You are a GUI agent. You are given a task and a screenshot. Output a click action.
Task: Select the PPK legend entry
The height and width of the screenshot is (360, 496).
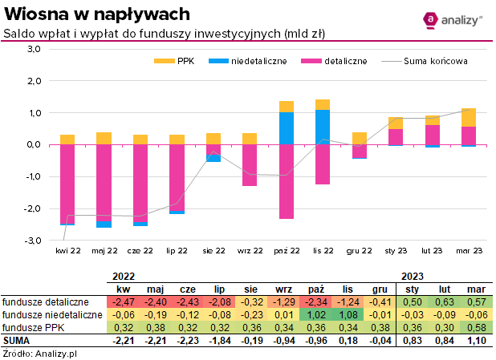pyautogui.click(x=174, y=61)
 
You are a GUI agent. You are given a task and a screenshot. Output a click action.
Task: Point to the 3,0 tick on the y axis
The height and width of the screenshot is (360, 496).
pyautogui.click(x=33, y=49)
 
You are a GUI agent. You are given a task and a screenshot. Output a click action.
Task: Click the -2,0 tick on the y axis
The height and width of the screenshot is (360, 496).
pyautogui.click(x=31, y=208)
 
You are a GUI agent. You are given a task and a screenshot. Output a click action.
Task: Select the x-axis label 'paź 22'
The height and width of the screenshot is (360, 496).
pyautogui.click(x=286, y=251)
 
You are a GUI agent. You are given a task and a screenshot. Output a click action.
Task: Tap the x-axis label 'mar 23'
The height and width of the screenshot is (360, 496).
pyautogui.click(x=469, y=251)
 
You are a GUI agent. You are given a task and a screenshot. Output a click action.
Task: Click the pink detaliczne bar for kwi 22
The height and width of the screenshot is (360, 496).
pyautogui.click(x=67, y=184)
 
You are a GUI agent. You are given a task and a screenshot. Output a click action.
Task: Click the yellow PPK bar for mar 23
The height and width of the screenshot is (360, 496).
pyautogui.click(x=469, y=117)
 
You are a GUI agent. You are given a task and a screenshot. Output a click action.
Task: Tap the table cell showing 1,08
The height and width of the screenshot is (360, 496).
pyautogui.click(x=347, y=315)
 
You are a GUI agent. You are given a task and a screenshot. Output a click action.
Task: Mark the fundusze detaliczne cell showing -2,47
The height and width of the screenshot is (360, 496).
pyautogui.click(x=124, y=301)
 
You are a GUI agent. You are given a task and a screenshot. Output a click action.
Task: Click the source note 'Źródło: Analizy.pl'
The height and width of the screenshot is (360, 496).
pyautogui.click(x=38, y=353)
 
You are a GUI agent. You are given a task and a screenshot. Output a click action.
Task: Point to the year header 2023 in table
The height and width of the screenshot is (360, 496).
pyautogui.click(x=412, y=276)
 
